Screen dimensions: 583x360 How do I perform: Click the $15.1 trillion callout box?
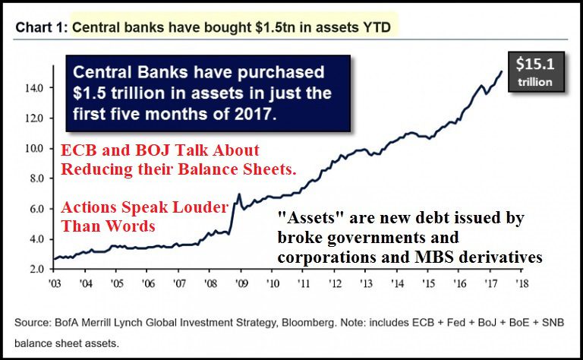(x=536, y=72)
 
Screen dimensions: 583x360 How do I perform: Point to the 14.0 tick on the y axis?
(x=35, y=88)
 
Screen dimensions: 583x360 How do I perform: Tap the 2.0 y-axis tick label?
(x=36, y=269)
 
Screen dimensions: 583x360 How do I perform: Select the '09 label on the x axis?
(x=241, y=283)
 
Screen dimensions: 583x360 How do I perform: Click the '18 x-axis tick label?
(x=522, y=283)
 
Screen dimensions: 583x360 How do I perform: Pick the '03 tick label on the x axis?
(x=55, y=283)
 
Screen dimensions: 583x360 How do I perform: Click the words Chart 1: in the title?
(x=42, y=27)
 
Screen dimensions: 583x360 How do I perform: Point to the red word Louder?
(x=200, y=207)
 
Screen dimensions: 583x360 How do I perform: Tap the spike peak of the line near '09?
(x=238, y=194)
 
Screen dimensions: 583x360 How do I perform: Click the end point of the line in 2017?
(x=502, y=71)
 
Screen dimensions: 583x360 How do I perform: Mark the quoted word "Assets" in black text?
(x=310, y=217)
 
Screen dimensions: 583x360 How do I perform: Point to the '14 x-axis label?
(x=398, y=283)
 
